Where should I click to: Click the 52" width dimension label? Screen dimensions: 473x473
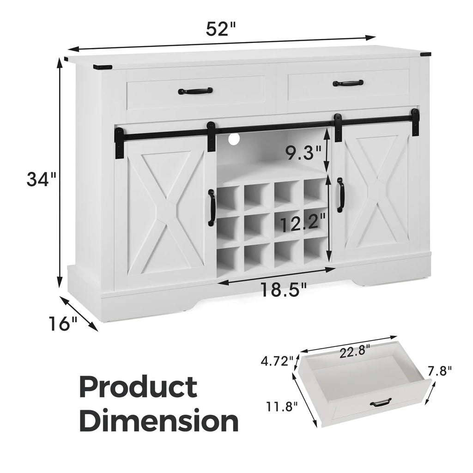coord(220,29)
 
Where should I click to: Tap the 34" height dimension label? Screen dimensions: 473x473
coord(41,179)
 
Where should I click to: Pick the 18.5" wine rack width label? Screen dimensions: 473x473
coord(283,290)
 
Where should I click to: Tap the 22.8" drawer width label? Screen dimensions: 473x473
coord(354,352)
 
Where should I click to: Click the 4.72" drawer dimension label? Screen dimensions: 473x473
coord(277,361)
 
